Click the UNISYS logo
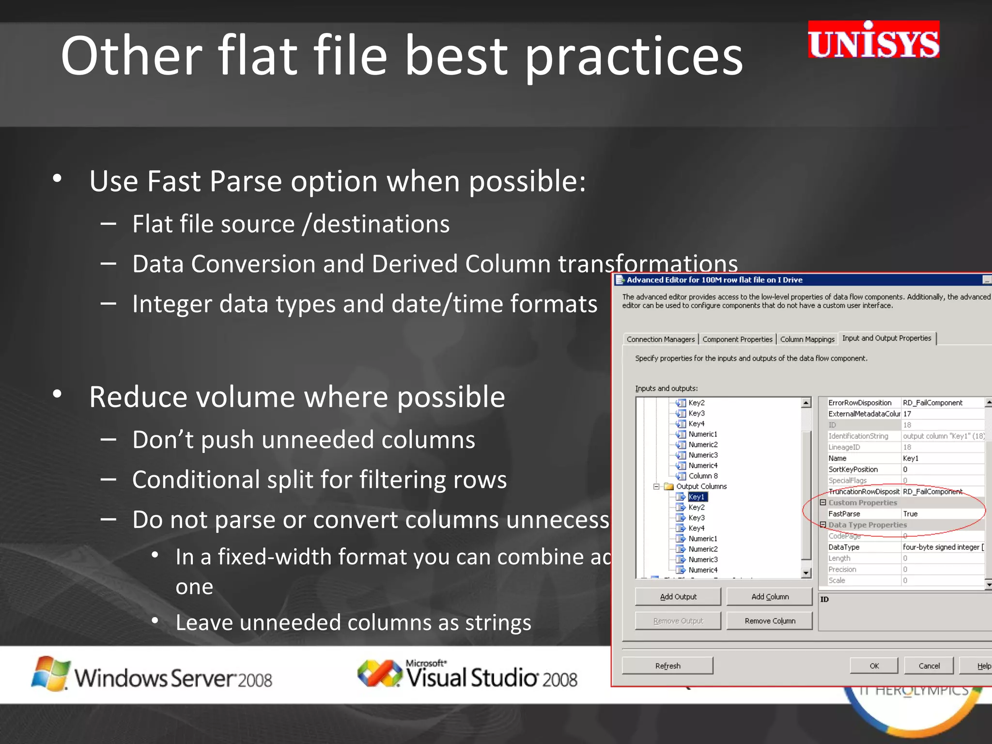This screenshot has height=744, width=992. [873, 40]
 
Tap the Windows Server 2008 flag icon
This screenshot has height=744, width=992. [50, 673]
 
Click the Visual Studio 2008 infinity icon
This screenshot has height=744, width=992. [379, 673]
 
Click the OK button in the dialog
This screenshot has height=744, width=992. [874, 666]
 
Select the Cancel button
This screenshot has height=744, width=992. [929, 666]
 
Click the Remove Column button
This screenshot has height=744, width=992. [770, 620]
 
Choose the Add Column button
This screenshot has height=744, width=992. [770, 596]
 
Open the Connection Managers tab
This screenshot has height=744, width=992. [660, 339]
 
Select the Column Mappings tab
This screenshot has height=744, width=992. [807, 339]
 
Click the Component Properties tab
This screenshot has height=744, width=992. [737, 339]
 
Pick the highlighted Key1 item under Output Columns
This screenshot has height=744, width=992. [697, 496]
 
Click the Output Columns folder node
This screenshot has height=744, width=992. [701, 486]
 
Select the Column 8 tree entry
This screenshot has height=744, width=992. [703, 476]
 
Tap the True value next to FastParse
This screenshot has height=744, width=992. [910, 513]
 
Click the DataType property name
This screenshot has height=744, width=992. [844, 547]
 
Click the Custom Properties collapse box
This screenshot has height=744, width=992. [823, 502]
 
